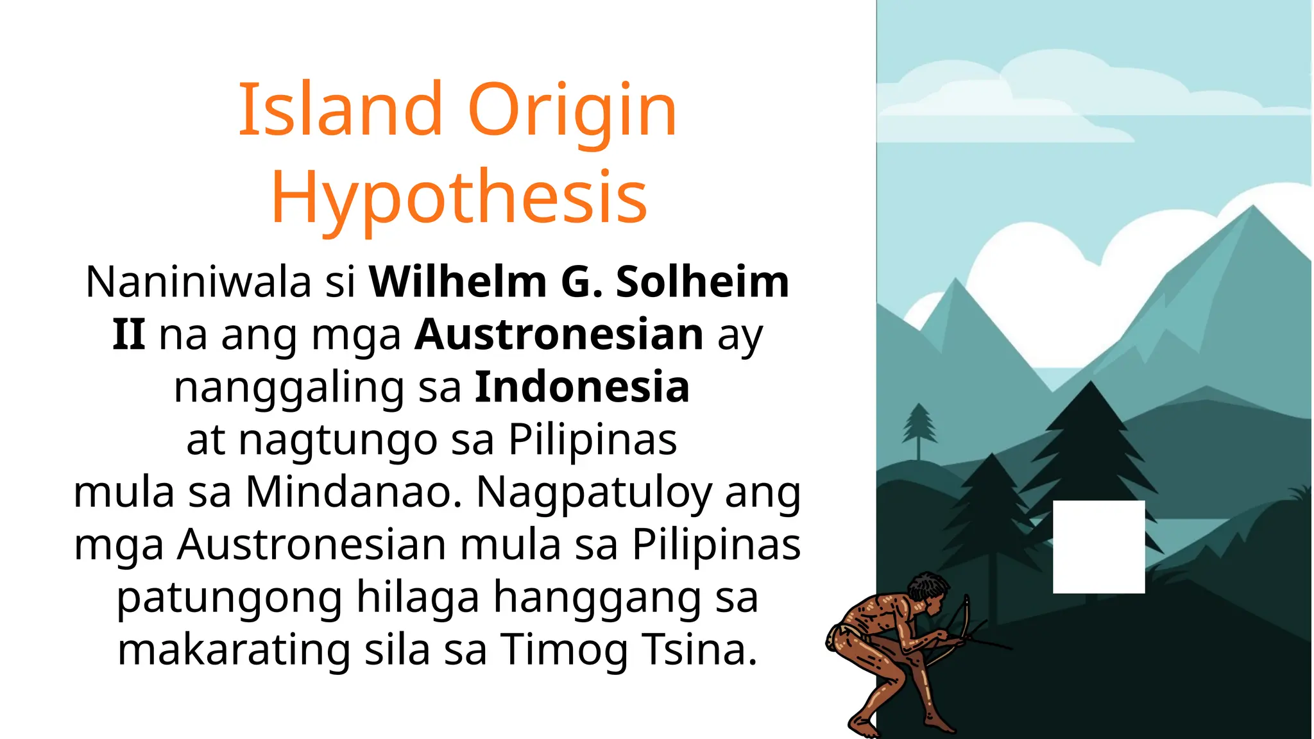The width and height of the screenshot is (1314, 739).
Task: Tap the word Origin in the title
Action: coord(572,110)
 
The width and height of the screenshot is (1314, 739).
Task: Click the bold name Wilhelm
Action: coord(457,282)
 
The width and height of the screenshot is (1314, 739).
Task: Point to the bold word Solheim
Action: coord(703,282)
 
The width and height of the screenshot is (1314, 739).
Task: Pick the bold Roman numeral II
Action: coord(128,334)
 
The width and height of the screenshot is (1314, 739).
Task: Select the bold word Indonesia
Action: coord(582,387)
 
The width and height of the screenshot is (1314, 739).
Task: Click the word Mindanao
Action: coord(354,492)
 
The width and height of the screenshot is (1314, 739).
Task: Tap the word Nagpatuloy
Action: coord(594,493)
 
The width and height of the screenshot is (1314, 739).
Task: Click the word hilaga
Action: coord(418,597)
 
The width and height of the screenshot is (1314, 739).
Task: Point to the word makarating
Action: coord(234,649)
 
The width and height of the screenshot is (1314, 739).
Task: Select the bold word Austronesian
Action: coord(559,334)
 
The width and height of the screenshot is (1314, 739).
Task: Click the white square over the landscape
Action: coord(1098,547)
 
